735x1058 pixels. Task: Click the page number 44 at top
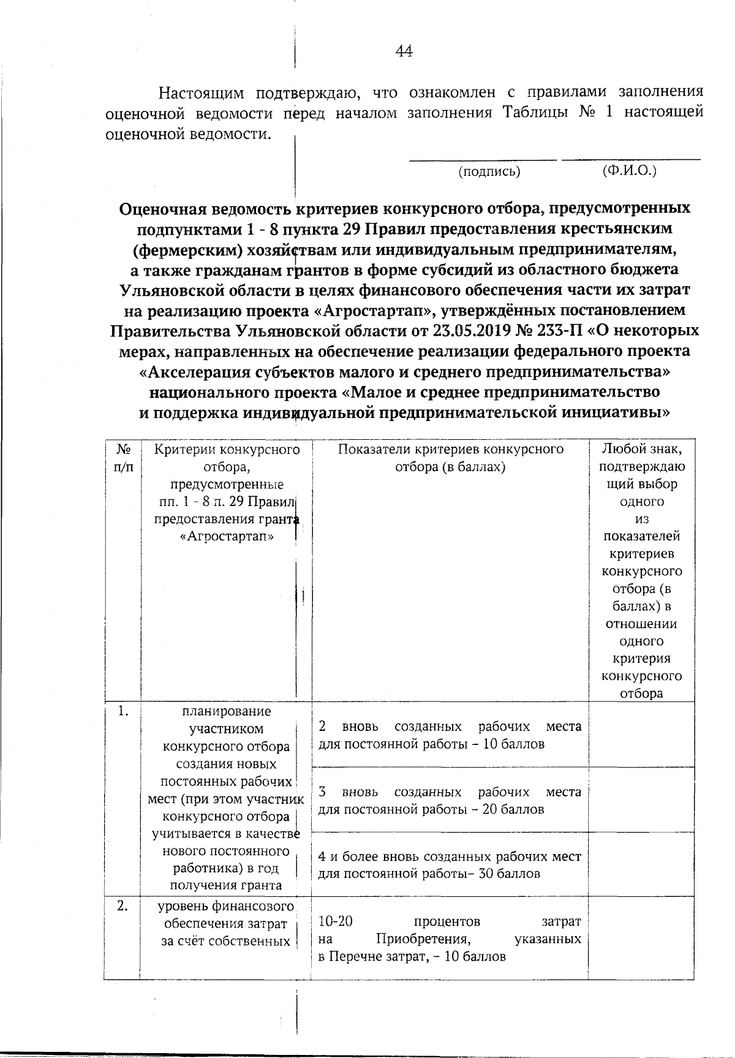(404, 51)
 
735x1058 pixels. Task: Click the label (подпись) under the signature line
(489, 172)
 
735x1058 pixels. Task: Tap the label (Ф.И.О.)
(629, 170)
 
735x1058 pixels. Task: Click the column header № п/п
(123, 458)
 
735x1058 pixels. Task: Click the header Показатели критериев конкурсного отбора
(450, 458)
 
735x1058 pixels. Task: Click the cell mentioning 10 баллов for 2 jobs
(450, 735)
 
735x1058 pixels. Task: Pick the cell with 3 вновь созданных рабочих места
(450, 800)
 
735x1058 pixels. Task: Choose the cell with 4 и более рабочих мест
(450, 864)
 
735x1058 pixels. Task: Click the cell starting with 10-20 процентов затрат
(450, 939)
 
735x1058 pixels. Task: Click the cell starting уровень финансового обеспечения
(225, 924)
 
